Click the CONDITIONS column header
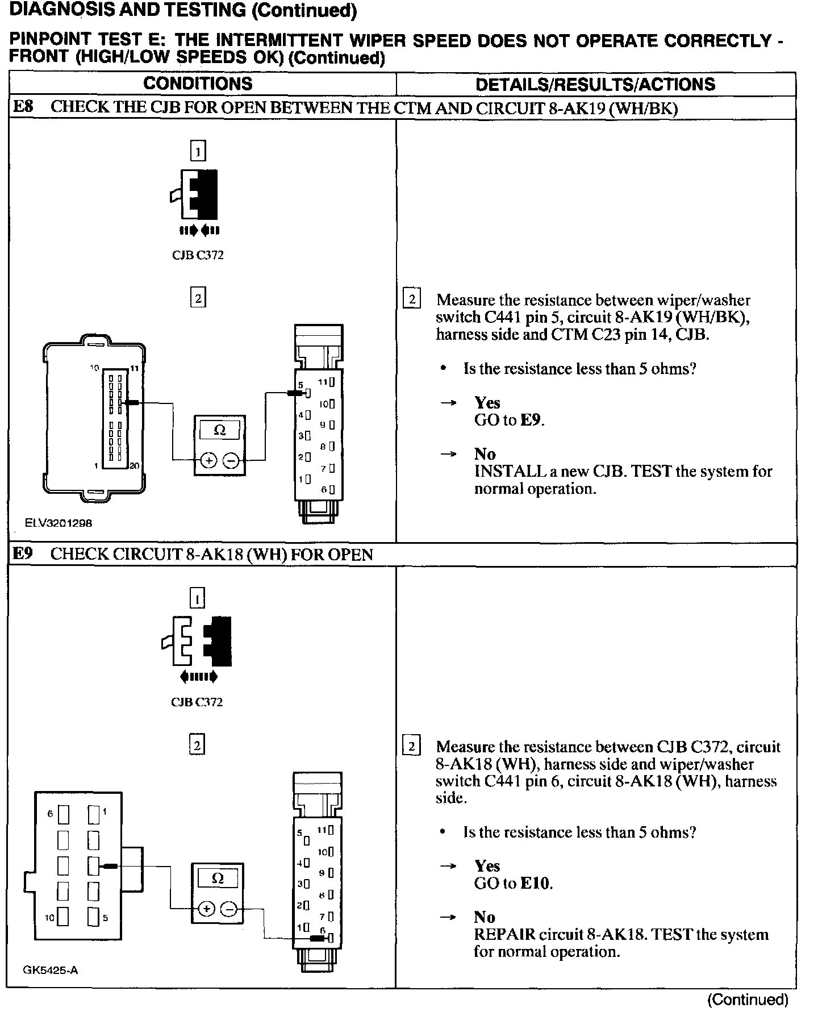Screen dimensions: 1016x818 [198, 84]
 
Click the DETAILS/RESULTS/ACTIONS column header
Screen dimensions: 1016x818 [595, 85]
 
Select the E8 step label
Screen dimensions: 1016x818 [23, 107]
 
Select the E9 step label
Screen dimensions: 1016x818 [23, 554]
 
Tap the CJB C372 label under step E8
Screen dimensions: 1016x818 [198, 255]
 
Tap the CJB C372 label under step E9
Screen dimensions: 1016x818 [197, 702]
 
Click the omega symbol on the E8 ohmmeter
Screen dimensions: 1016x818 [220, 431]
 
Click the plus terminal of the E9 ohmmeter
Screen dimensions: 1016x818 [206, 909]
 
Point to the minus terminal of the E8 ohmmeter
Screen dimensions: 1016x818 [231, 461]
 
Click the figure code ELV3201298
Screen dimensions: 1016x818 [59, 523]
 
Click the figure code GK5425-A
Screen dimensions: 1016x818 [51, 970]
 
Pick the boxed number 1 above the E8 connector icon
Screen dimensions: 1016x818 [198, 151]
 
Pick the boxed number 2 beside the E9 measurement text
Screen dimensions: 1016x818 [411, 746]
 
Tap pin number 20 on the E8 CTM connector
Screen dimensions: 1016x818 [134, 466]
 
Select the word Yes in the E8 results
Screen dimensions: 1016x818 [487, 403]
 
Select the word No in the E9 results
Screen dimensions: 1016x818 [485, 917]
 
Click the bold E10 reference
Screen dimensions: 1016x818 [536, 884]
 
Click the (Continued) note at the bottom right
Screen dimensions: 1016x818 [748, 1000]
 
